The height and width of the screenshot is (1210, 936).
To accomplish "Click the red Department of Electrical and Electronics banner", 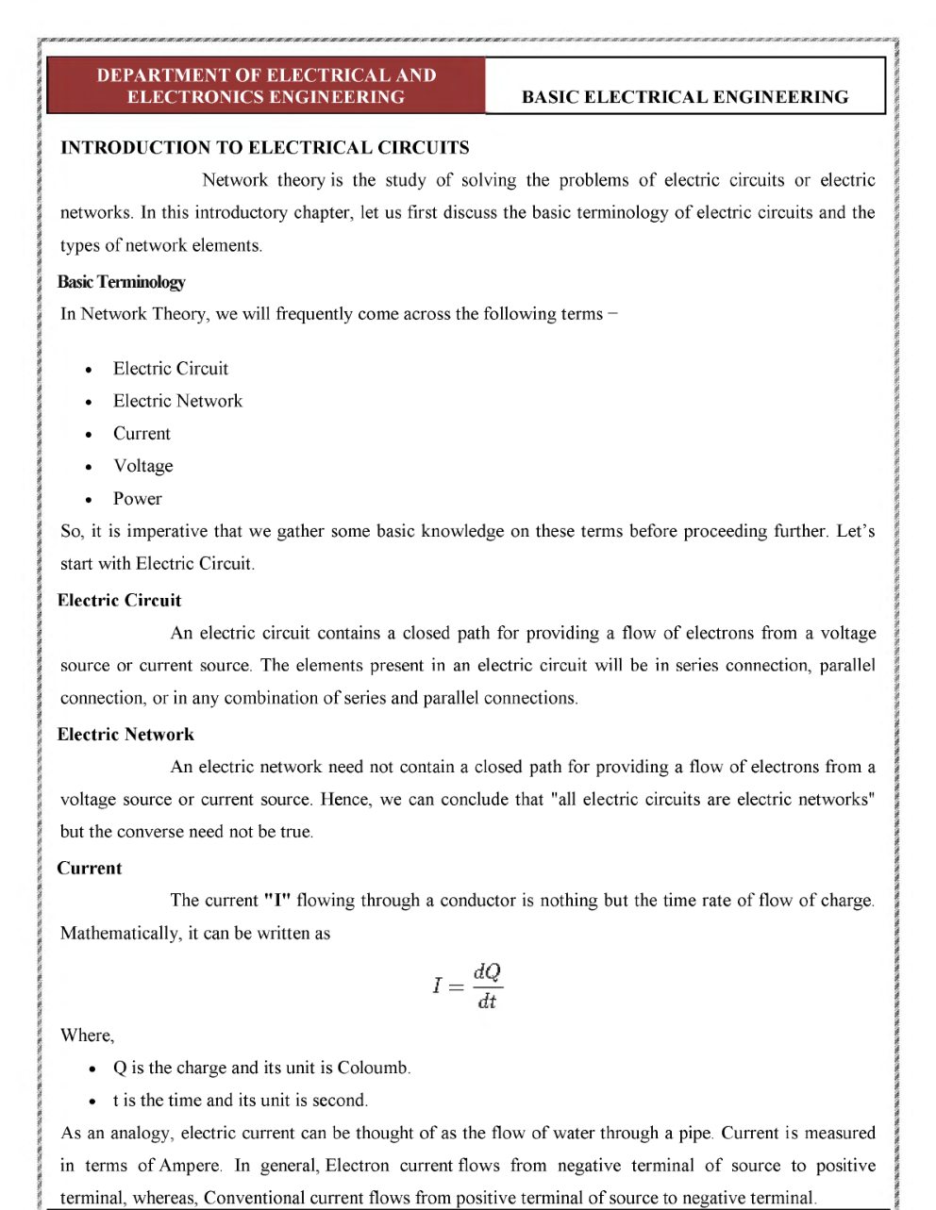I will tap(266, 86).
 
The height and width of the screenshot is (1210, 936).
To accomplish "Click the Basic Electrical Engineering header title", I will tap(685, 96).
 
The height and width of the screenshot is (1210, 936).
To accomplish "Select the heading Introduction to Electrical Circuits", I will tap(264, 147).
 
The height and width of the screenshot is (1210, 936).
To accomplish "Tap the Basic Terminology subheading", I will tap(121, 281).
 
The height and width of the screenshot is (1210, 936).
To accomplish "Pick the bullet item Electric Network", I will tap(177, 401).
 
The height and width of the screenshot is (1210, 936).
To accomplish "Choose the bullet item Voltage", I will tap(142, 466).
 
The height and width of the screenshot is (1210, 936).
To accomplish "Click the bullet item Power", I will tap(137, 498).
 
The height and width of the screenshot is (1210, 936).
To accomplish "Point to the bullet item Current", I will tap(142, 434).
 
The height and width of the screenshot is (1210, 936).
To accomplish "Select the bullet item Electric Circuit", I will tap(171, 369).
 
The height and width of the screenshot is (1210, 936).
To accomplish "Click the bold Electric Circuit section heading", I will tap(119, 600).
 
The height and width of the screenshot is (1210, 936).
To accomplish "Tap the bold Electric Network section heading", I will tap(125, 734).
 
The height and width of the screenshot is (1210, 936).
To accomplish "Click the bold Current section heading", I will tap(90, 868).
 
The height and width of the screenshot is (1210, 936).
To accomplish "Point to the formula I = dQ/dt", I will tap(468, 986).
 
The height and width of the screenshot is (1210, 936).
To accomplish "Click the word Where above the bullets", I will tap(86, 1035).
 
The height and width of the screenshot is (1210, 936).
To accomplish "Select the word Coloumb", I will tap(373, 1068).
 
